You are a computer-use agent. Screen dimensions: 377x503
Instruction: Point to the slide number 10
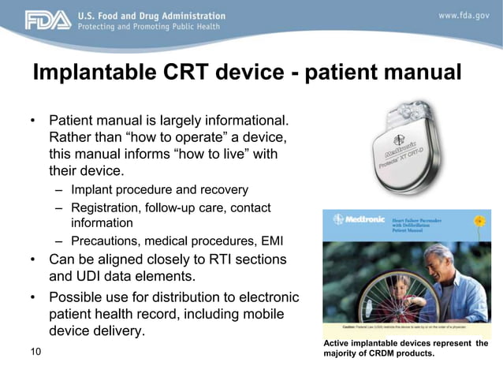click(x=35, y=351)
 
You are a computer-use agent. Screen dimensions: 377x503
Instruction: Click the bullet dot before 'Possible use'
click(x=33, y=298)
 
